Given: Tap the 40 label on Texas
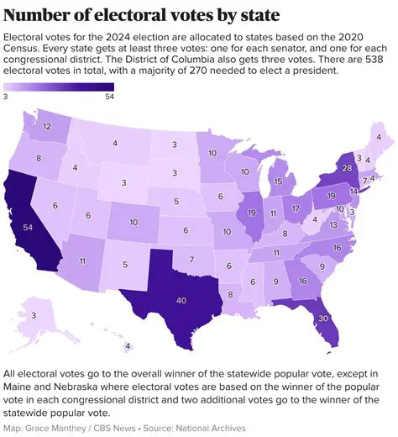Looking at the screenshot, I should (181, 300).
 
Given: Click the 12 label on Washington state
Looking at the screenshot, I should (45, 127).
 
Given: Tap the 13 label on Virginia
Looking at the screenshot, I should (333, 224).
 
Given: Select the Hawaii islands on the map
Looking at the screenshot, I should (126, 345).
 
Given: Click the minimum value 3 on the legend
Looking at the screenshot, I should (6, 97).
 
